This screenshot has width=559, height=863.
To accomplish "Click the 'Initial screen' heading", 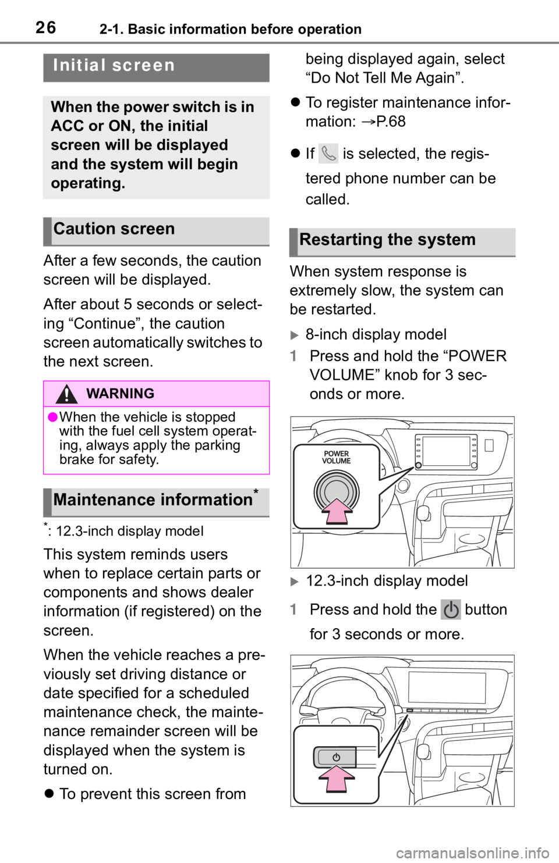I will (114, 65).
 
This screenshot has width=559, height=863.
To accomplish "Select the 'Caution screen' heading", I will (114, 229).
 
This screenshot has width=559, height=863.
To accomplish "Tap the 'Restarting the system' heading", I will (387, 240).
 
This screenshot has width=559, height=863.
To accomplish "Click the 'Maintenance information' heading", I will (153, 500).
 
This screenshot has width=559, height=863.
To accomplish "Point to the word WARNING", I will (121, 394).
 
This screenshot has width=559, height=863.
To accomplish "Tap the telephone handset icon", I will (329, 154).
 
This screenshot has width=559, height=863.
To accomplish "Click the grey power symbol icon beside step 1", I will (451, 611).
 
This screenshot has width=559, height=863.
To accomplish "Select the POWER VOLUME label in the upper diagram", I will (337, 457).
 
